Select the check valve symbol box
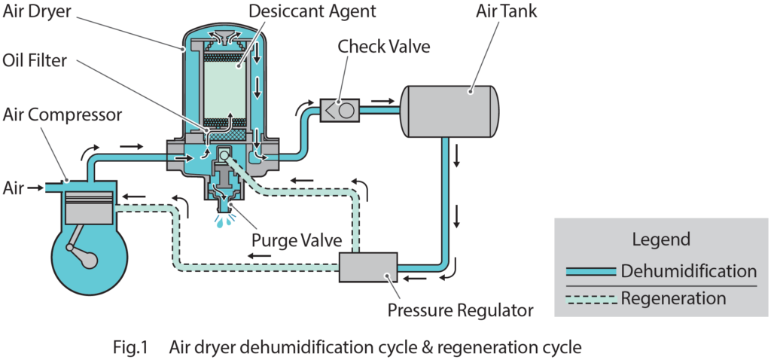pos(337,111)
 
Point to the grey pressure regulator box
pos(367,267)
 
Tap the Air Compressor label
pos(62,114)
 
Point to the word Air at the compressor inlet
pos(14,185)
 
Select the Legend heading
pos(660,240)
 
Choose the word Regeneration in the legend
pos(673,298)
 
